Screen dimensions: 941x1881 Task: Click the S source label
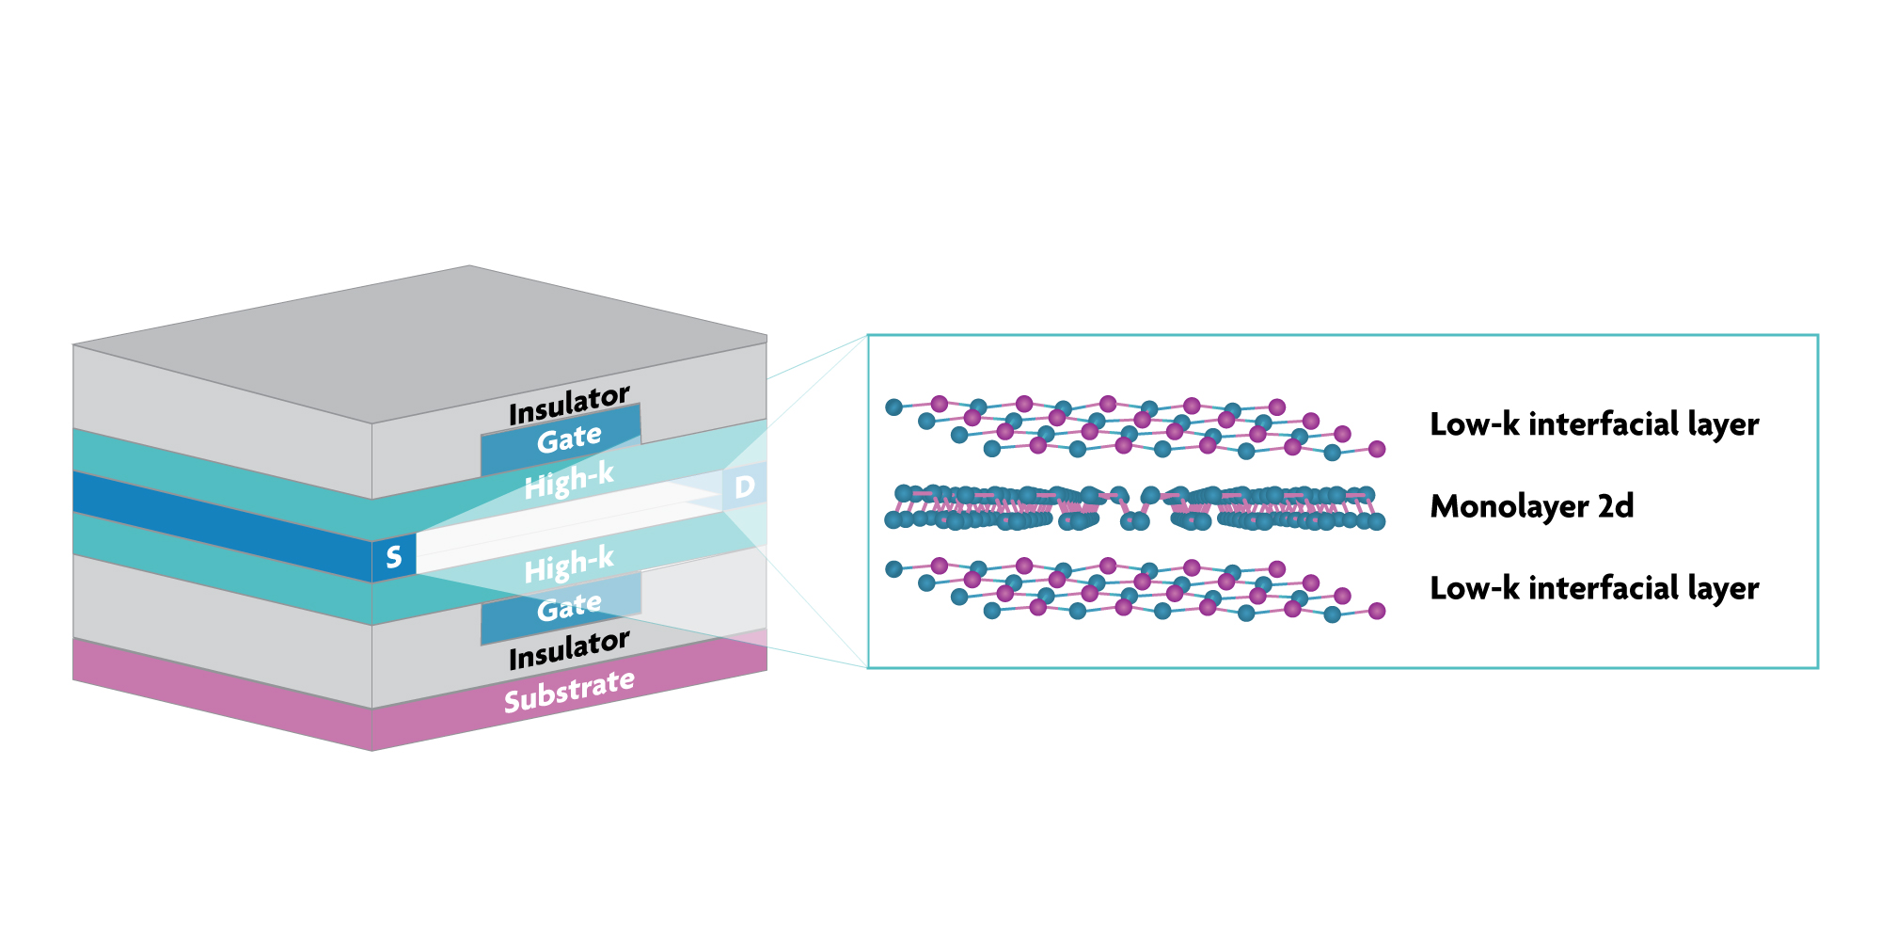pos(394,557)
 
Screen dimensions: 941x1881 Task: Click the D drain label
pos(744,486)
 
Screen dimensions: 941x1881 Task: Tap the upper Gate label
pos(569,439)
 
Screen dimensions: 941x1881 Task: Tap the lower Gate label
pos(569,607)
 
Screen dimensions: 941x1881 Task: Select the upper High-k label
pos(569,481)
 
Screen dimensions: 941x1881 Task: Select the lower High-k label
pos(569,565)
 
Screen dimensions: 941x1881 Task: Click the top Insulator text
pos(569,405)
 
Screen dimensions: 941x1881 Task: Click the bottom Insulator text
pos(569,649)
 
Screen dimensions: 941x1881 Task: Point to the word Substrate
pos(569,692)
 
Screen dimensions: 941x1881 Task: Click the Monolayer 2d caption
pos(1531,506)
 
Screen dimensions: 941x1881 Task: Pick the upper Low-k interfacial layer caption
pos(1594,424)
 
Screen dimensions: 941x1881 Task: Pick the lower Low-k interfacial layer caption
pos(1594,588)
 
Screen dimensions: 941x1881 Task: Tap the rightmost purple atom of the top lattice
pos(1377,449)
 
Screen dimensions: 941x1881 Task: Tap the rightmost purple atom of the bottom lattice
pos(1377,612)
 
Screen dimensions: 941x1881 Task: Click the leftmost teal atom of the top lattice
pos(893,407)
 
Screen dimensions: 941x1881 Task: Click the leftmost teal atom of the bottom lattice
pos(893,569)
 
